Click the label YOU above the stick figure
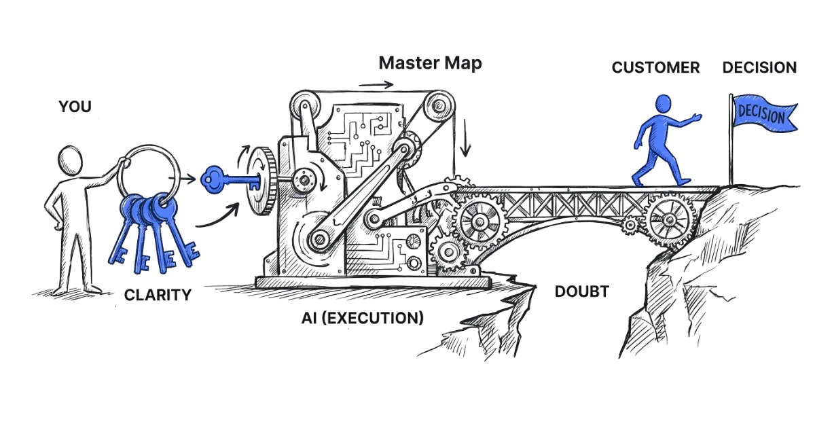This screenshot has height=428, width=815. (x=75, y=107)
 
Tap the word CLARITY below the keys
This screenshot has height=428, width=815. (x=158, y=296)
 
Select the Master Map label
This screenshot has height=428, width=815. (x=430, y=65)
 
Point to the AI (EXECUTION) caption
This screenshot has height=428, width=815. (x=361, y=317)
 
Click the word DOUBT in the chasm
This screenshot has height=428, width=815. (x=581, y=292)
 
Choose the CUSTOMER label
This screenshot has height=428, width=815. (x=655, y=67)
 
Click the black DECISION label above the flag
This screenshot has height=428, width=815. (x=759, y=67)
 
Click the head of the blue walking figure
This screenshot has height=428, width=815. (x=663, y=105)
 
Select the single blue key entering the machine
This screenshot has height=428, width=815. (x=230, y=179)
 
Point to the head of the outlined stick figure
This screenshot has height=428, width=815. (x=71, y=161)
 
